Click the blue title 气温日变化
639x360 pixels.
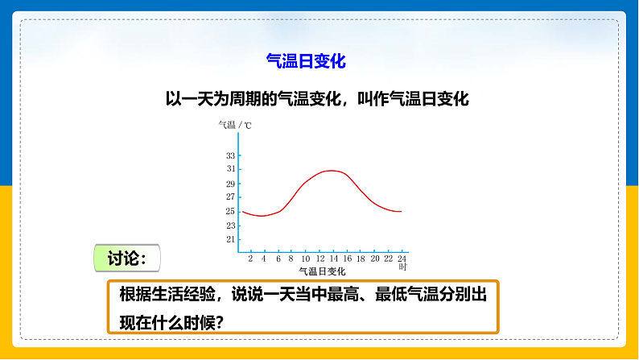pos(305,60)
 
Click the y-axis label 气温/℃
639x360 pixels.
pos(235,126)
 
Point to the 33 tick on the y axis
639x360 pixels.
pos(230,155)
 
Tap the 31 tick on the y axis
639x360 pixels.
pos(230,169)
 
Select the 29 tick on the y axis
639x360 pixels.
pos(230,183)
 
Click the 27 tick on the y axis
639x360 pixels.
pos(230,197)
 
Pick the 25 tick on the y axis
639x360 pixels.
pos(230,211)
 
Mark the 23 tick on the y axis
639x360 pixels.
pos(230,225)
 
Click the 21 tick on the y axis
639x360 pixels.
pos(230,239)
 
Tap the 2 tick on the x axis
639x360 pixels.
pos(250,259)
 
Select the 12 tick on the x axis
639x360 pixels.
pos(319,259)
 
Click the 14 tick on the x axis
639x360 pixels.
pos(333,259)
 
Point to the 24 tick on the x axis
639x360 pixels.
pos(402,259)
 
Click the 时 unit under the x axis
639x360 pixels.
pos(402,267)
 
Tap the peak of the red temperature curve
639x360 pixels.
pos(331,170)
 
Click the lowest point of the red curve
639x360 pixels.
pos(261,216)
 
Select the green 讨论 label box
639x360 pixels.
pos(127,259)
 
